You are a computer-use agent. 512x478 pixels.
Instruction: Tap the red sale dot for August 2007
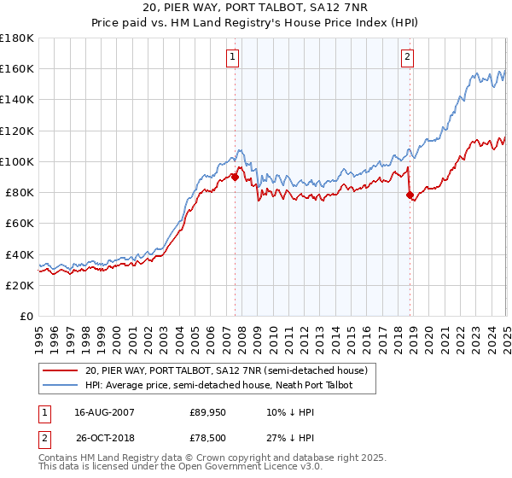(x=235, y=178)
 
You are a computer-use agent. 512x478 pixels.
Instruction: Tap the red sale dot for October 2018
(x=410, y=195)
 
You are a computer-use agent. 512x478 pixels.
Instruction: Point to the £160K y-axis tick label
(x=17, y=68)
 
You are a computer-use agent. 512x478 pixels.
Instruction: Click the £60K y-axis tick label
(x=20, y=223)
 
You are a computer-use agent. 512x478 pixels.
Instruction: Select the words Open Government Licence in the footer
(x=246, y=467)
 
